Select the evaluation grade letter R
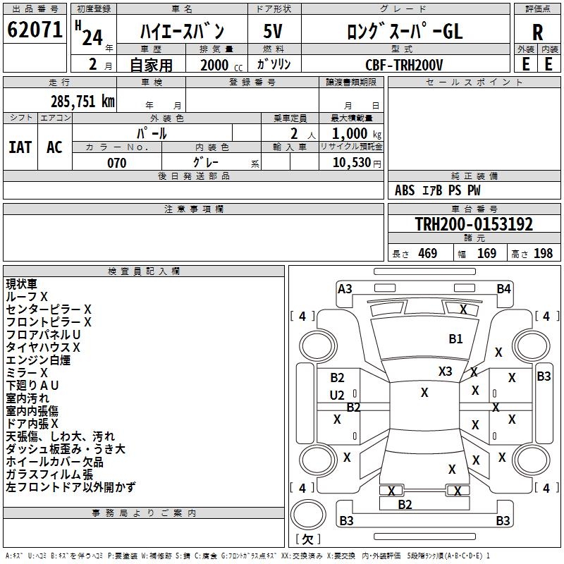tap(538, 32)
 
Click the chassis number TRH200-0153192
tap(474, 224)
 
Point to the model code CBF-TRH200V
tap(404, 65)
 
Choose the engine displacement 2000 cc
tap(216, 65)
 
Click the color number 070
tap(116, 163)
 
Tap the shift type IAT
tap(20, 147)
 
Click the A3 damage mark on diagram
tap(345, 288)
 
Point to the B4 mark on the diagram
tap(503, 288)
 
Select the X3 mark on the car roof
tap(446, 371)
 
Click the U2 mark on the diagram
tap(337, 395)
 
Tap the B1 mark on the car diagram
tap(455, 339)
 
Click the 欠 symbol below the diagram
tap(307, 539)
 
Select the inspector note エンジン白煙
tap(38, 360)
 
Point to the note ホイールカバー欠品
tap(54, 462)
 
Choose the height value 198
tap(544, 254)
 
